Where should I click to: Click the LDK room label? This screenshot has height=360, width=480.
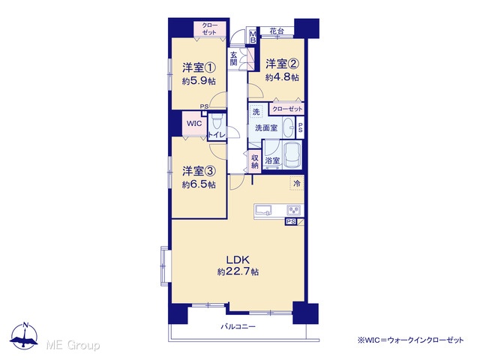tap(238, 260)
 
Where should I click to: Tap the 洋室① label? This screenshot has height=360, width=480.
tap(199, 67)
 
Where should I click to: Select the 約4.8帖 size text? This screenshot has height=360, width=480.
tap(282, 77)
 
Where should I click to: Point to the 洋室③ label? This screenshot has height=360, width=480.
tap(199, 171)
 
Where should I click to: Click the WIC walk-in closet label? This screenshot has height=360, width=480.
tap(194, 123)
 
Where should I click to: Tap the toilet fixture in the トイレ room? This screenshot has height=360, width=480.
tap(217, 121)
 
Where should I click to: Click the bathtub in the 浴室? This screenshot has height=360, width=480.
tap(292, 155)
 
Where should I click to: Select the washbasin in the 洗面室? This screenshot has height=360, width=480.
tap(288, 127)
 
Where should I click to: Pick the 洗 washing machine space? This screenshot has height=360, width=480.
tap(256, 112)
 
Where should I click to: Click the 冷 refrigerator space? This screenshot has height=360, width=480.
tap(297, 183)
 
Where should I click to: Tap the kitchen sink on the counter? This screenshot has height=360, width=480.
tap(263, 210)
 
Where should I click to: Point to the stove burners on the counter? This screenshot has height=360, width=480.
tap(294, 210)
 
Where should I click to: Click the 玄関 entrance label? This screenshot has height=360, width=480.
tap(234, 58)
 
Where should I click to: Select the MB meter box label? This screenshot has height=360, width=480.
tap(253, 37)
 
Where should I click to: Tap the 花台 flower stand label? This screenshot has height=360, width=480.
tap(277, 31)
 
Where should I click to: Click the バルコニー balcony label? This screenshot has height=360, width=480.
tap(238, 327)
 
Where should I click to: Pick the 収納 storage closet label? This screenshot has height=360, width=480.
tap(255, 161)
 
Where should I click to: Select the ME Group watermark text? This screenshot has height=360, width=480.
tap(73, 346)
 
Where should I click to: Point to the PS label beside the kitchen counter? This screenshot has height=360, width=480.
tap(291, 221)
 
